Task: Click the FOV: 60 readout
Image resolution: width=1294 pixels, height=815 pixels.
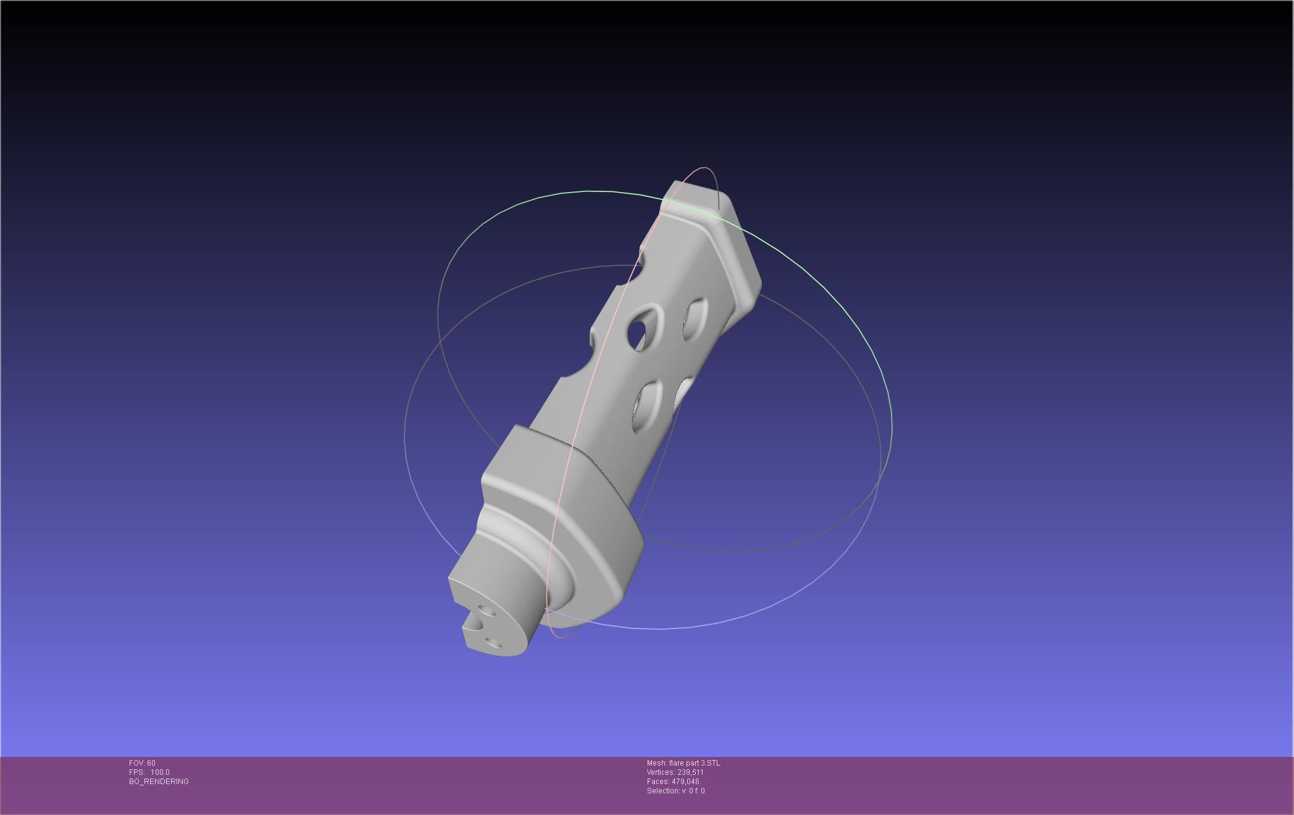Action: point(142,763)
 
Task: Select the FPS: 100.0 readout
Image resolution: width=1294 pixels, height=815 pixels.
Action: point(149,772)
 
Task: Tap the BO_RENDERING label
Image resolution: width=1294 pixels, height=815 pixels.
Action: point(159,782)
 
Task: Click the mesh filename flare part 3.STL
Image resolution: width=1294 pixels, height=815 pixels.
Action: point(683,763)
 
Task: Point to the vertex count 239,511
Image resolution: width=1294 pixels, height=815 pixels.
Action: point(675,772)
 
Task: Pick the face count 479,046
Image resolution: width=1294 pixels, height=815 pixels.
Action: point(673,782)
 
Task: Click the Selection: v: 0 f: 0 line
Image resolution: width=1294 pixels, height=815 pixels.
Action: point(675,791)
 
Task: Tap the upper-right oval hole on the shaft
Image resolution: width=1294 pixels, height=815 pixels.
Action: point(695,318)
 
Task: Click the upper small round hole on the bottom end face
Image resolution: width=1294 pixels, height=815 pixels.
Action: point(486,612)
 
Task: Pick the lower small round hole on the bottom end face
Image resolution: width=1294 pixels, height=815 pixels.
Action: point(493,644)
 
